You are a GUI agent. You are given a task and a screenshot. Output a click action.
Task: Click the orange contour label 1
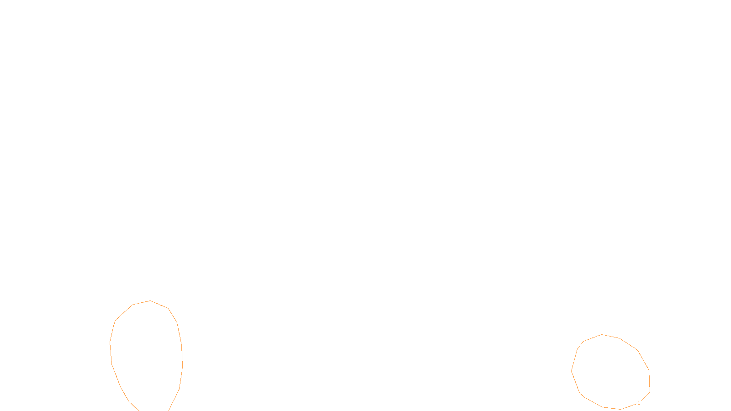[639, 403]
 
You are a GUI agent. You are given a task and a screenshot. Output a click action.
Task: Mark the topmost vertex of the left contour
[150, 300]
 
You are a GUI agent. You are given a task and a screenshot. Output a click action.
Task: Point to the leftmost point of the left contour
[110, 342]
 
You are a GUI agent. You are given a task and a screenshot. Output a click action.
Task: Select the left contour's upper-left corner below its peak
[132, 305]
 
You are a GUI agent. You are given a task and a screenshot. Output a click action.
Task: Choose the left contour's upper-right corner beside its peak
[169, 309]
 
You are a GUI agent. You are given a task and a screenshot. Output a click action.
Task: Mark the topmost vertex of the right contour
[602, 334]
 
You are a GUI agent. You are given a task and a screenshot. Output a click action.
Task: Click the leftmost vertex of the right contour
[572, 371]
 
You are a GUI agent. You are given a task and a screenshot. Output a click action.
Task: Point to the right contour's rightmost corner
[650, 391]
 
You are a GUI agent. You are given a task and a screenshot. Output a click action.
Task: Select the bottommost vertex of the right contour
[620, 409]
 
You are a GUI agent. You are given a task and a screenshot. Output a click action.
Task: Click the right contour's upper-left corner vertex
[583, 341]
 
